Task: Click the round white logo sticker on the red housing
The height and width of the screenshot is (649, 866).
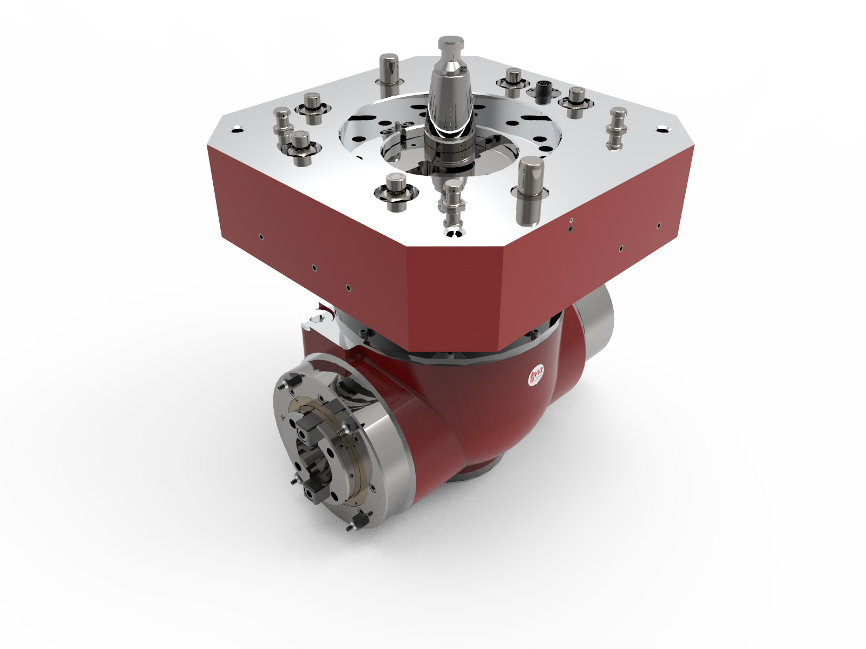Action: click(x=536, y=374)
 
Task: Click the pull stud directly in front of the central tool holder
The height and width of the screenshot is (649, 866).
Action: click(x=452, y=203)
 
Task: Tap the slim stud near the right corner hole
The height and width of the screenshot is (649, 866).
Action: click(x=618, y=127)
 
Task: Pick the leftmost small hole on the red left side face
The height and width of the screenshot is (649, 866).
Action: click(x=261, y=236)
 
